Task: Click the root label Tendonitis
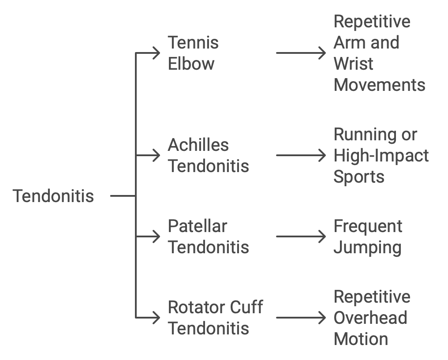pyautogui.click(x=53, y=196)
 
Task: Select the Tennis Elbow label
pyautogui.click(x=193, y=53)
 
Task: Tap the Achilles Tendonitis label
pyautogui.click(x=208, y=155)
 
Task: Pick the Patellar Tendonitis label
pyautogui.click(x=208, y=236)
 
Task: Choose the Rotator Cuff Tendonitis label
pyautogui.click(x=215, y=318)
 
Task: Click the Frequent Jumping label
pyautogui.click(x=368, y=236)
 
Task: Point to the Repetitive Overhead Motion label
pyautogui.click(x=372, y=318)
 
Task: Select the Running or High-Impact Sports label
pyautogui.click(x=381, y=155)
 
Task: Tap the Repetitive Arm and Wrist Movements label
pyautogui.click(x=379, y=53)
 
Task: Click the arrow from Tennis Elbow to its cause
pyautogui.click(x=301, y=53)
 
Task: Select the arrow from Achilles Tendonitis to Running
pyautogui.click(x=301, y=155)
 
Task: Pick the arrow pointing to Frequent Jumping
pyautogui.click(x=301, y=236)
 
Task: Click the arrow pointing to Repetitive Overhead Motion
pyautogui.click(x=301, y=318)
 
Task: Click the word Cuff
pyautogui.click(x=246, y=307)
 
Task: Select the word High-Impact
pyautogui.click(x=381, y=156)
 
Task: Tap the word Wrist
pyautogui.click(x=354, y=64)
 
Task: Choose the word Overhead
pyautogui.click(x=370, y=318)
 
